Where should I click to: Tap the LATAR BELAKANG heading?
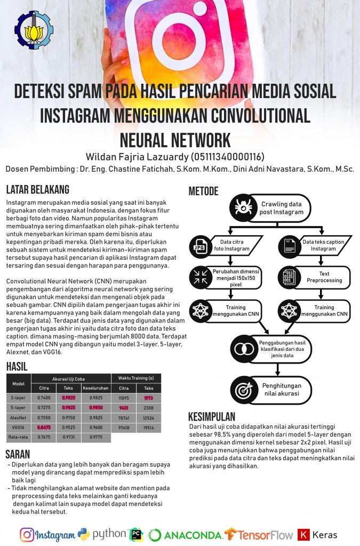tap(37, 189)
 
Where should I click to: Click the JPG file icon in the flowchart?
tap(199, 246)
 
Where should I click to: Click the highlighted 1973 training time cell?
tap(149, 397)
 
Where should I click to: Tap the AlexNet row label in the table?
tap(18, 417)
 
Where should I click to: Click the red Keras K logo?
tap(303, 534)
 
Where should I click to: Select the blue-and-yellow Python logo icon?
tap(83, 534)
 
